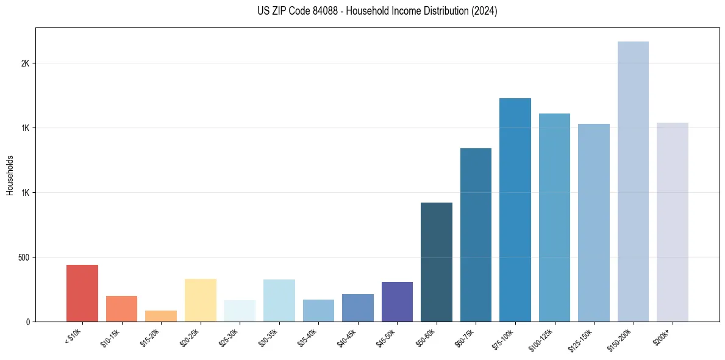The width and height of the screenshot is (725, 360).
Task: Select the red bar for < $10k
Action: pyautogui.click(x=82, y=293)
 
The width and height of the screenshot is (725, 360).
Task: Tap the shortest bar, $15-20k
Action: pyautogui.click(x=161, y=316)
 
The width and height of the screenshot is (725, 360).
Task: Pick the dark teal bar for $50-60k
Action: pyautogui.click(x=437, y=262)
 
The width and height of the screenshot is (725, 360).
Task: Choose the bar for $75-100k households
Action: pyautogui.click(x=515, y=210)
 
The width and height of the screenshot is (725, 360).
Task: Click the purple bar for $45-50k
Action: pyautogui.click(x=397, y=301)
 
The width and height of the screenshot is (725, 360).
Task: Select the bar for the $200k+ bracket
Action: pyautogui.click(x=672, y=222)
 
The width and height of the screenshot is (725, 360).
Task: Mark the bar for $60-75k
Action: pyautogui.click(x=476, y=235)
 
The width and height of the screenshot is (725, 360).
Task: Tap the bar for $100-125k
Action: pyautogui.click(x=554, y=217)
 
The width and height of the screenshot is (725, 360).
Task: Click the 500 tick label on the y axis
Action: pyautogui.click(x=23, y=257)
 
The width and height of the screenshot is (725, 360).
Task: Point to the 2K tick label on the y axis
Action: pyautogui.click(x=25, y=63)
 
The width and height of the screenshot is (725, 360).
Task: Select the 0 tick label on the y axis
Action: pyautogui.click(x=27, y=322)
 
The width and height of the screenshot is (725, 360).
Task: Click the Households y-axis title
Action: pyautogui.click(x=10, y=175)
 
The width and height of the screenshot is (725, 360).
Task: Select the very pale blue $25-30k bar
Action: pyautogui.click(x=240, y=311)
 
